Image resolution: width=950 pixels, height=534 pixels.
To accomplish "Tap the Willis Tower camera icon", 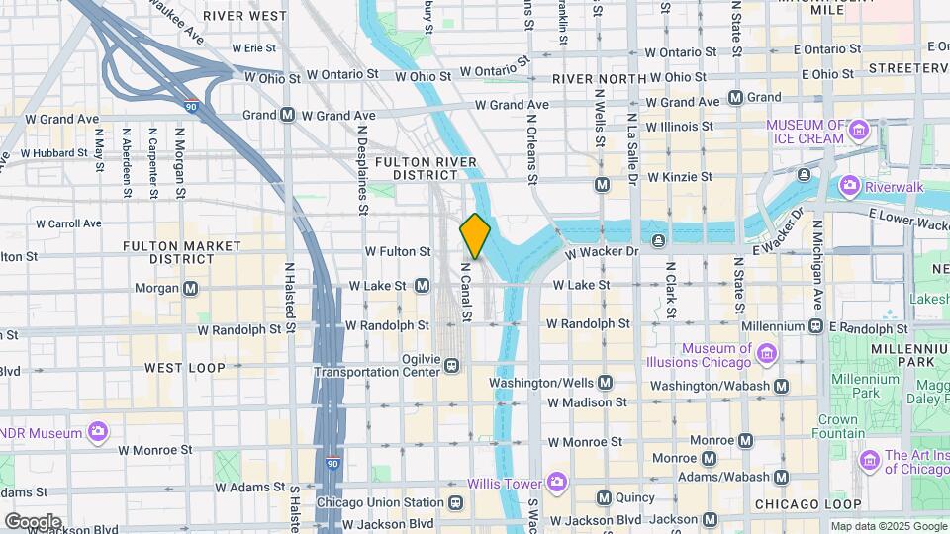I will tap(556, 483).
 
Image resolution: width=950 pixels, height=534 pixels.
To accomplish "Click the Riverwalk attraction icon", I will tap(848, 184).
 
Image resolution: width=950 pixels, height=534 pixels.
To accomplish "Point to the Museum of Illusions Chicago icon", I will tap(765, 353).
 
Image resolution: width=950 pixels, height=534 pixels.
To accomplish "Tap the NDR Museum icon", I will tap(97, 432).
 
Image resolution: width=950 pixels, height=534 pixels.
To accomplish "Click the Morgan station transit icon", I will tap(191, 288).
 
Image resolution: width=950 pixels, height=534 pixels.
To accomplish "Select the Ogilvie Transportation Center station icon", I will tap(451, 365).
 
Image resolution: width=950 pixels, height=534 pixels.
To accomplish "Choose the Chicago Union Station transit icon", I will tap(454, 502).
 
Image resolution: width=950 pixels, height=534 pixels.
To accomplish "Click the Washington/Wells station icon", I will tap(605, 382).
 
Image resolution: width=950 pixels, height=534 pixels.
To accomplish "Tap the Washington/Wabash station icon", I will tap(781, 386).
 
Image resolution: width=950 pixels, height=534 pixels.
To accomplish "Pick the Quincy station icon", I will tap(603, 497).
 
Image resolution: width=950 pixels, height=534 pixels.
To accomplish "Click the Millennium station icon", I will tap(815, 325).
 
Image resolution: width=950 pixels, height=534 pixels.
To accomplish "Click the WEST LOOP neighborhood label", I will tap(185, 368).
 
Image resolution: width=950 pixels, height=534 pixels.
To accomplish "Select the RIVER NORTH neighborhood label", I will tap(592, 79).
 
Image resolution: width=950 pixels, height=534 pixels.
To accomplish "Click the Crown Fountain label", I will tap(837, 425).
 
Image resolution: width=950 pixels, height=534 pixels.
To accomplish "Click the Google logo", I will tap(32, 521).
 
